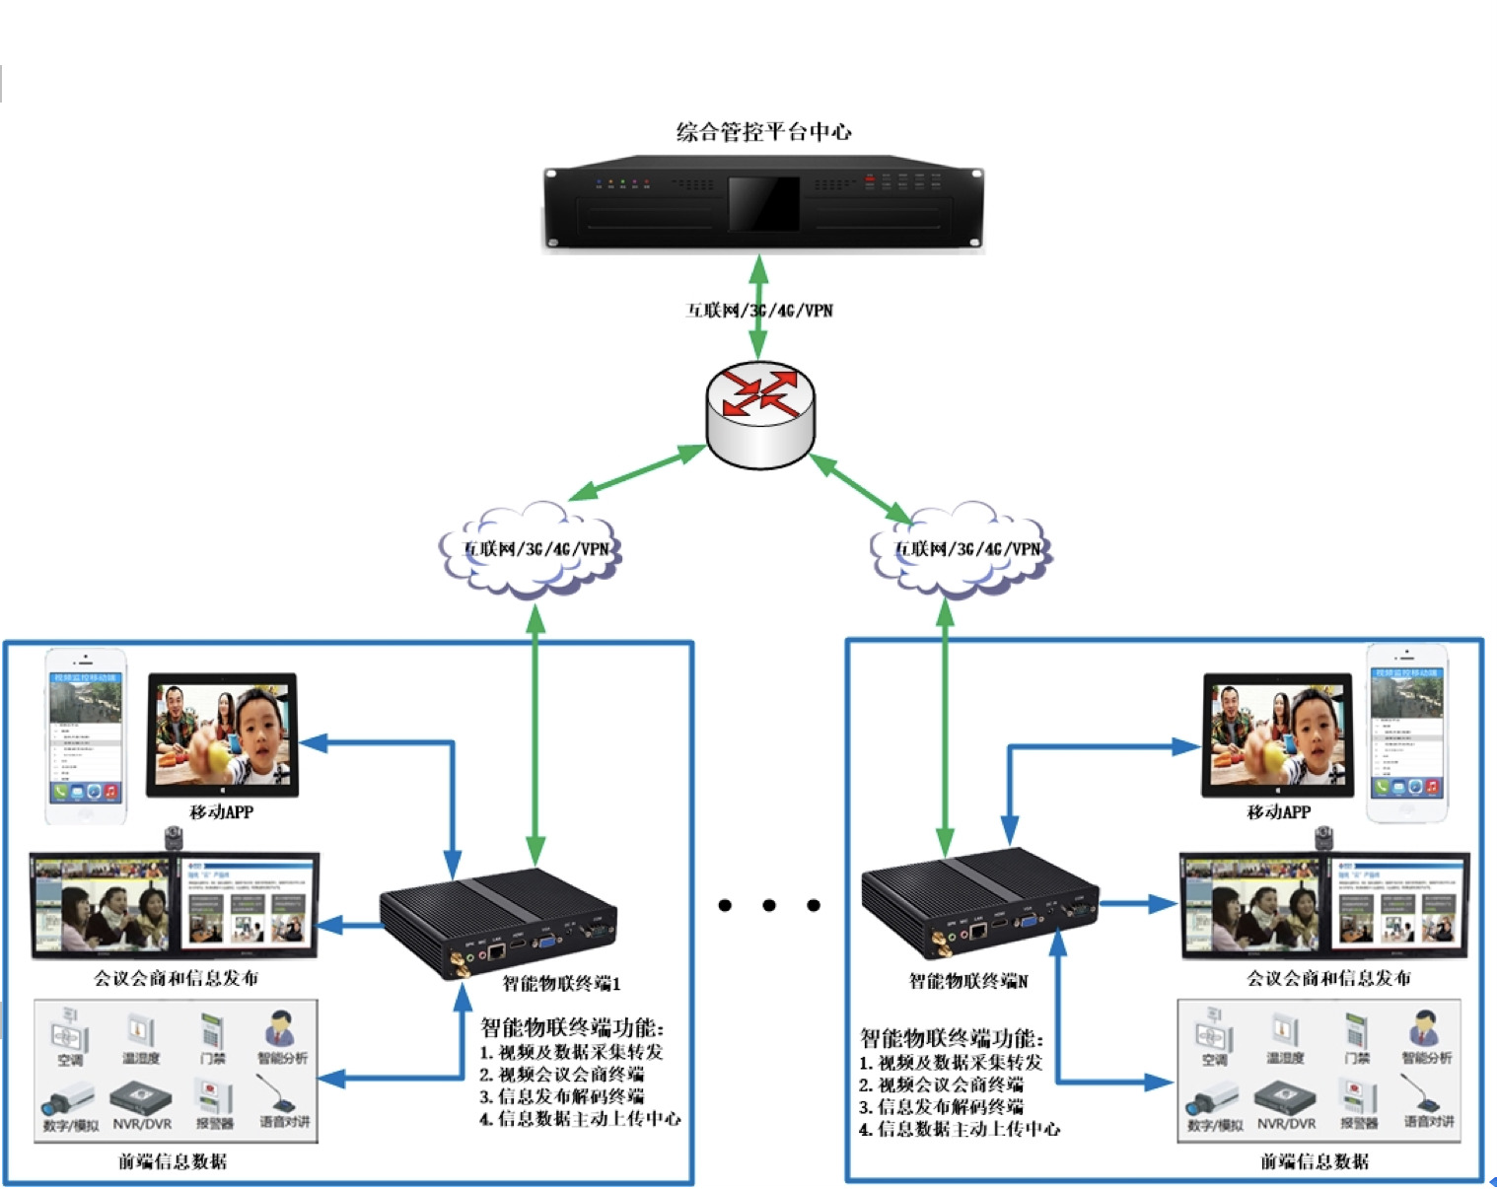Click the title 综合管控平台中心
point(763,132)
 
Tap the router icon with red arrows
point(760,413)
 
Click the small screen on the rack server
point(763,203)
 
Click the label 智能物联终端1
point(561,983)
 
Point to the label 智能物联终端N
point(967,981)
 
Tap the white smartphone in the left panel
point(86,734)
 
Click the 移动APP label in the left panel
point(221,812)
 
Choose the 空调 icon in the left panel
point(69,1034)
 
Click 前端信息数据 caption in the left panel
point(173,1161)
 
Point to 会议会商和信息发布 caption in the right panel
point(1327,978)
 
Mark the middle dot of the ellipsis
point(769,905)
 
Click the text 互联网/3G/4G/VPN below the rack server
point(759,311)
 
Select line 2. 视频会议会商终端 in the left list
point(561,1075)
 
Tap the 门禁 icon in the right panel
point(1357,1034)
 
